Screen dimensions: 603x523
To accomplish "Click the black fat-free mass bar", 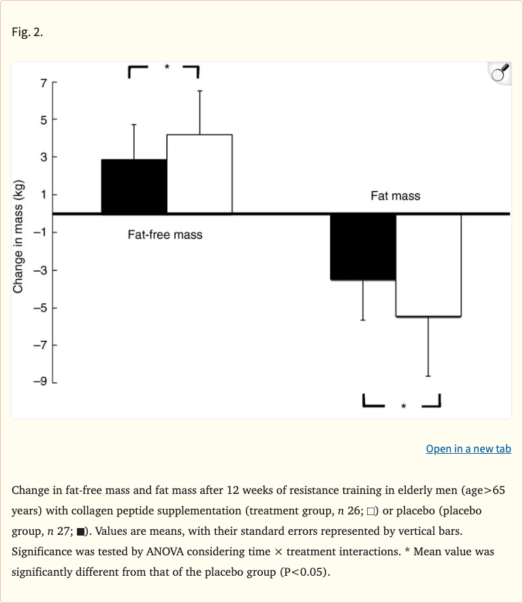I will (133, 186).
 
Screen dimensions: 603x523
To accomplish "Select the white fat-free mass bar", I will (200, 174).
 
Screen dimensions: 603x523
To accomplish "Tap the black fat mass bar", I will (363, 247).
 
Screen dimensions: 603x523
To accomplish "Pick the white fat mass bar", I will (428, 265).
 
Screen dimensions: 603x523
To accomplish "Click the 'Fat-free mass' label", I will (165, 235).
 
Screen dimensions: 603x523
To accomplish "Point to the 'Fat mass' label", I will (395, 196).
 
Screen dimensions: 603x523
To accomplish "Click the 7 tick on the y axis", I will (44, 83).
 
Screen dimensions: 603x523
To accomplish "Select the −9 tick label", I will (40, 382).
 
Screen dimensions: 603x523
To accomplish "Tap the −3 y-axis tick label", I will (40, 271).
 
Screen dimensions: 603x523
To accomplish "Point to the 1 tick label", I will (44, 195).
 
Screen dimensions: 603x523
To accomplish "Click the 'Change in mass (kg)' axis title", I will (18, 236).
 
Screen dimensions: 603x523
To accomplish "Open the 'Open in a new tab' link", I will (469, 448).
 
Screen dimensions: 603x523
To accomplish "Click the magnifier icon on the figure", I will (500, 73).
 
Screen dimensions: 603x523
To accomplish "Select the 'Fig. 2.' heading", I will (27, 32).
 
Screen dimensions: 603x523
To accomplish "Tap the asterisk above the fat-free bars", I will (166, 67).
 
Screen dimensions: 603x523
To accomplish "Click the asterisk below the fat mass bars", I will (403, 407).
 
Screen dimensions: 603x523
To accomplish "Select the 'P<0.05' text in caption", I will (303, 571).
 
